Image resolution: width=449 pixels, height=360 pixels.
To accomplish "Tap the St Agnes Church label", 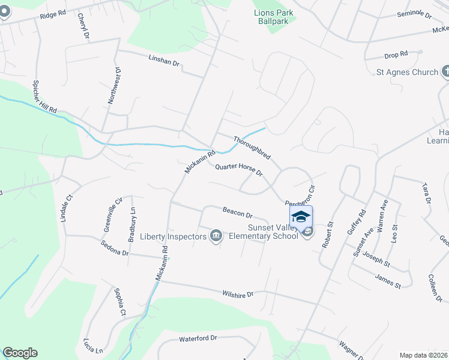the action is coord(407,72).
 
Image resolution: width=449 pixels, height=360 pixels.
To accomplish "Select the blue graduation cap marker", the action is coord(301,216).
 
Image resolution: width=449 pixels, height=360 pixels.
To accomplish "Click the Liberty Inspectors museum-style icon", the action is coord(216,236).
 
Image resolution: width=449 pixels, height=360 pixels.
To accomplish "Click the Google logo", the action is coord(20,353).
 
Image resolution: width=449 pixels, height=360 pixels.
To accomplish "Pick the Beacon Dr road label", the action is coord(238,213).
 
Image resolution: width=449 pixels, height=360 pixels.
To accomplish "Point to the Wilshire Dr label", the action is coord(238,294).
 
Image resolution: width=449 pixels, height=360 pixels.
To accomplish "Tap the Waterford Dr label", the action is coord(197,338).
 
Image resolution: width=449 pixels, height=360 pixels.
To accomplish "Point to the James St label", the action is coord(387,280).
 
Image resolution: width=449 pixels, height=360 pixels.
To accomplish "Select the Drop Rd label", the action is coord(396,55).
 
